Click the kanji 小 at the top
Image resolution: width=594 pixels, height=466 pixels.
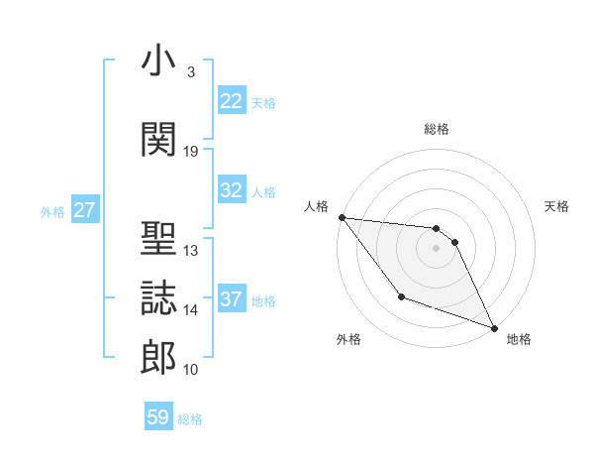(158, 61)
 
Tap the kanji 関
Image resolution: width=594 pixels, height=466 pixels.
(158, 140)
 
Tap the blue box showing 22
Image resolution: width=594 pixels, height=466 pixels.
(231, 101)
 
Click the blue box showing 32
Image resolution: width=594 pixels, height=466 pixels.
(231, 190)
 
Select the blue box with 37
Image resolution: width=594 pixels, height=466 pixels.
(231, 299)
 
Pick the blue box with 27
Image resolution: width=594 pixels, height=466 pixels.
(84, 210)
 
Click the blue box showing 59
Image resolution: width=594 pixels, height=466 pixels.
(157, 417)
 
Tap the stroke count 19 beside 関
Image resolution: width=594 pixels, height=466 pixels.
(191, 152)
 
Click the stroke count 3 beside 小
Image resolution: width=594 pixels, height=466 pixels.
(190, 72)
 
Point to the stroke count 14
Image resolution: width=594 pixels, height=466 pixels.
(191, 310)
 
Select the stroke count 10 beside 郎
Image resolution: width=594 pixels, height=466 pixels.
(191, 370)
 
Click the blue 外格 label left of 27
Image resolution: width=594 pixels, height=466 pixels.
(51, 211)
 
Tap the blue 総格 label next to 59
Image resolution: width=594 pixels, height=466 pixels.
(190, 418)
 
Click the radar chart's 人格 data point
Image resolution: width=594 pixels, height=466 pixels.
(342, 217)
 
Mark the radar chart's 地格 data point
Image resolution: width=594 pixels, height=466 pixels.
(494, 327)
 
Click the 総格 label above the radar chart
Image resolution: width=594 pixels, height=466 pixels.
(436, 129)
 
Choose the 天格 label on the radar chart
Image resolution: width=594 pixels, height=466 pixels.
(556, 206)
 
